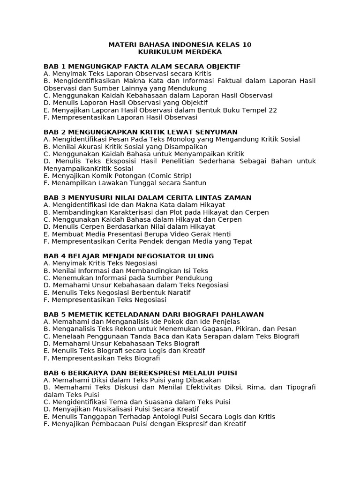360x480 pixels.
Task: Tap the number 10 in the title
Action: tap(247, 45)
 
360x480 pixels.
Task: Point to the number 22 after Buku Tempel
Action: tap(273, 110)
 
